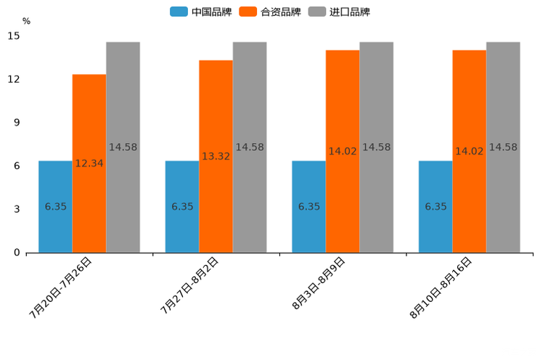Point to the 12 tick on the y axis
[x=15, y=79]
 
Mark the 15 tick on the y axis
[x=15, y=36]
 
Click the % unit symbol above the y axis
[x=27, y=21]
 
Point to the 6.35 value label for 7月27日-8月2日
[x=182, y=207]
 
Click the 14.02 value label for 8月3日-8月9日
[x=343, y=152]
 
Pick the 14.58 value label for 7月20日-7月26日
[x=123, y=147]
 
